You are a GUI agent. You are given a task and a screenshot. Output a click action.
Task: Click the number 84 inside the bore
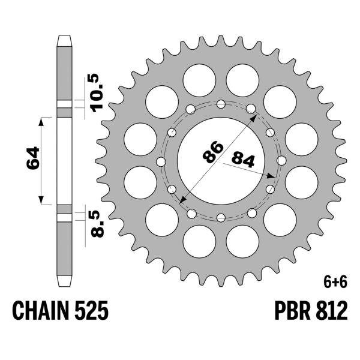coord(242,160)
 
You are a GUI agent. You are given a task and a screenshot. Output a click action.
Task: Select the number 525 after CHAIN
coord(92,312)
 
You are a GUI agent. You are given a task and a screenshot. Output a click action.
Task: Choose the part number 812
coord(329,312)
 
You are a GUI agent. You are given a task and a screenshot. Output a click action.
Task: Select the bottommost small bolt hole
coord(221,217)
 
